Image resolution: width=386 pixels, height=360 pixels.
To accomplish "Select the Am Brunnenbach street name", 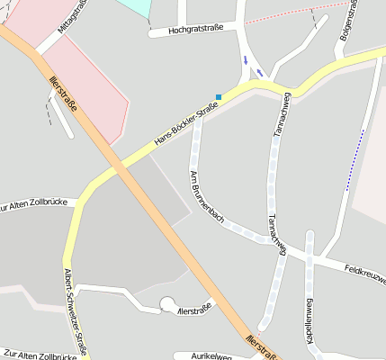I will (204, 194).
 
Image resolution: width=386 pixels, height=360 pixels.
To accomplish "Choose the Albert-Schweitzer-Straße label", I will (75, 311).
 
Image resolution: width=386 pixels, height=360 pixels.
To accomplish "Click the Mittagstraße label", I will (72, 16).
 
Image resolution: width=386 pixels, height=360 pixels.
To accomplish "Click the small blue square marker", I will (219, 97).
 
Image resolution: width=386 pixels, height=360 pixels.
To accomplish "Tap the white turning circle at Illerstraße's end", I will (168, 306).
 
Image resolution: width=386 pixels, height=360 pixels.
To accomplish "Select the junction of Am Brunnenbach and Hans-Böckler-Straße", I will (198, 114).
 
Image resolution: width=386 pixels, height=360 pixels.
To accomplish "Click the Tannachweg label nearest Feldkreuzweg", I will (276, 233).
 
